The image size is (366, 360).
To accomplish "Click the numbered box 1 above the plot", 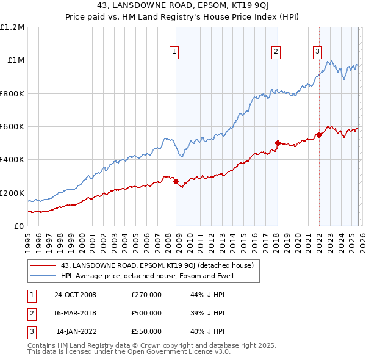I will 174,52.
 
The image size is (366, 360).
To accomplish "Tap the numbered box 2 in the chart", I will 276,52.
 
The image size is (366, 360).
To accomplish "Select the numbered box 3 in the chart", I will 318,52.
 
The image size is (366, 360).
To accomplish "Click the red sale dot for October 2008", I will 176,181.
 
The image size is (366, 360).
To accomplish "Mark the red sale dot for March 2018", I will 278,143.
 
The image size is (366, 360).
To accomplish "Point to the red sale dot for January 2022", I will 319,135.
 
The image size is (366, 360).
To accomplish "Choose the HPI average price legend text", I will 147,276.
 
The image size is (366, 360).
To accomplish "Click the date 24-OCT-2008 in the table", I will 75,295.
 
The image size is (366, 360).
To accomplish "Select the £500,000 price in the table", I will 146,313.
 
